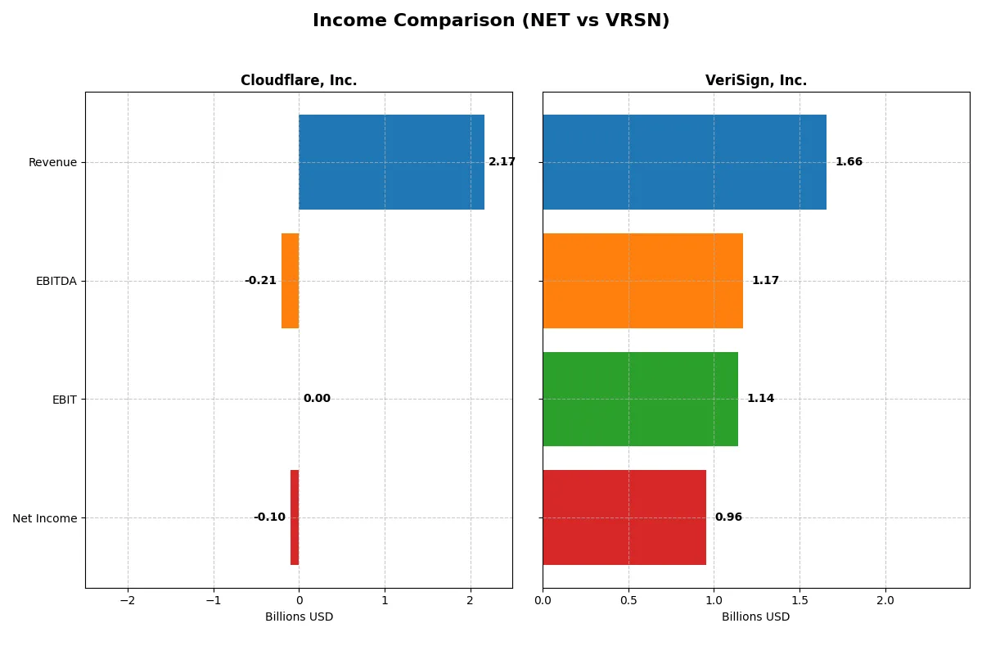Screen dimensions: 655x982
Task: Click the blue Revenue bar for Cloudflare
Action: click(391, 162)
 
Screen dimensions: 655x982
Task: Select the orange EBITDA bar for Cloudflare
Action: click(291, 281)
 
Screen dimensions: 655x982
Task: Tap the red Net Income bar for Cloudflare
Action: click(295, 517)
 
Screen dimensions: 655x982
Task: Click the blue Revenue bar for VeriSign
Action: click(684, 162)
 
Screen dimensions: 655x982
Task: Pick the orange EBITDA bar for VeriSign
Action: click(642, 281)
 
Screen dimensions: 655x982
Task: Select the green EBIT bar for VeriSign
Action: click(640, 400)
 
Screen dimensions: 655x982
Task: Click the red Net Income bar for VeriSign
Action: click(624, 517)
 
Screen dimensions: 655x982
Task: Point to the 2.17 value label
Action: click(502, 162)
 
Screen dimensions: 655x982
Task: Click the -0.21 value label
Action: click(260, 281)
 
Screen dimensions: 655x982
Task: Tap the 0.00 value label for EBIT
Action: click(317, 399)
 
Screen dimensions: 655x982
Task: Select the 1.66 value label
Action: click(849, 162)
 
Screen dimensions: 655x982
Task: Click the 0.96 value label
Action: click(728, 517)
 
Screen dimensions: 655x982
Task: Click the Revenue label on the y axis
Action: click(52, 162)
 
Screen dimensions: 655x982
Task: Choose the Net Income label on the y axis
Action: click(45, 518)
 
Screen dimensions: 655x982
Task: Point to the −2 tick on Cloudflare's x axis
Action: click(128, 600)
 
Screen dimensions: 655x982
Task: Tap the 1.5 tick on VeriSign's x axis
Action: click(800, 600)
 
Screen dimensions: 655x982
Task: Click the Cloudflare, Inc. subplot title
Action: click(299, 81)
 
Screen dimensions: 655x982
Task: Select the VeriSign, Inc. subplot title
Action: click(756, 81)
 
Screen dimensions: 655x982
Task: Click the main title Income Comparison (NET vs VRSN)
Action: click(491, 21)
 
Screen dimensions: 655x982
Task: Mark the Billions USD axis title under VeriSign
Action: click(756, 617)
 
